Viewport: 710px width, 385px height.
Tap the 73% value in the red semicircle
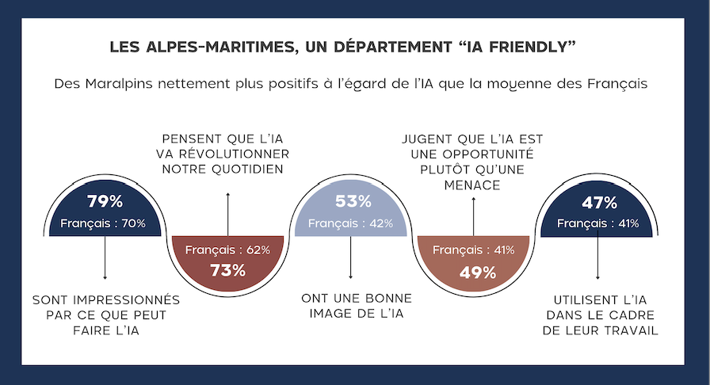coord(227,269)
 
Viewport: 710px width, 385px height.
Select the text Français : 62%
coord(227,250)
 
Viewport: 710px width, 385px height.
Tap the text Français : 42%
coord(351,223)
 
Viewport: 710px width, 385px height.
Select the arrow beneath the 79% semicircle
coord(105,257)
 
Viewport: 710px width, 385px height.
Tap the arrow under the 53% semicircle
coord(351,257)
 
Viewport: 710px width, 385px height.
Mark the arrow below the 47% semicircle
coord(597,257)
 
